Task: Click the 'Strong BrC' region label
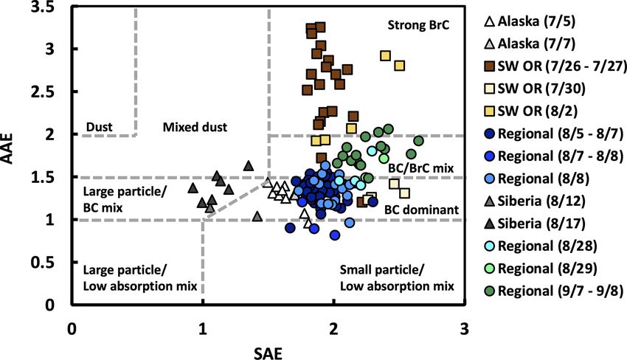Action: pyautogui.click(x=419, y=27)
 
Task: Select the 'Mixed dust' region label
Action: pyautogui.click(x=194, y=127)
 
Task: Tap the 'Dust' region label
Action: pyautogui.click(x=100, y=127)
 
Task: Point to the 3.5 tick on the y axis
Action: pyautogui.click(x=49, y=7)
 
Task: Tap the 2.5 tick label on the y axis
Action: pyautogui.click(x=49, y=92)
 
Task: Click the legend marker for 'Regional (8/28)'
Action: pyautogui.click(x=488, y=246)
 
